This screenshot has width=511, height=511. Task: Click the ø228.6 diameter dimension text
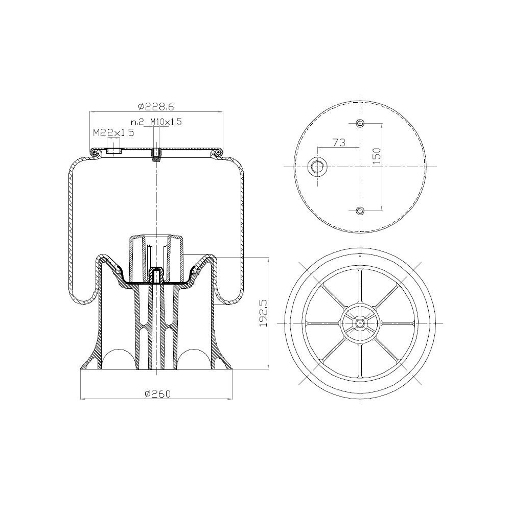coord(156,106)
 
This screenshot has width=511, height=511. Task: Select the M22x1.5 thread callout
coord(113,133)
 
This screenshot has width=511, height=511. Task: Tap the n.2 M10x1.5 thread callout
coord(156,122)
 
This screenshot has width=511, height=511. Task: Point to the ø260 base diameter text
coord(158,393)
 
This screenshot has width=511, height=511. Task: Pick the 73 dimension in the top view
coord(339,142)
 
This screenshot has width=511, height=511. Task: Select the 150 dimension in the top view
coord(377,156)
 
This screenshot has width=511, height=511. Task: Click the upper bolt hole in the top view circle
coord(360,123)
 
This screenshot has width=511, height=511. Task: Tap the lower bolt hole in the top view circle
coord(360,211)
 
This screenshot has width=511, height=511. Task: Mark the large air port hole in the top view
coord(316,167)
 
